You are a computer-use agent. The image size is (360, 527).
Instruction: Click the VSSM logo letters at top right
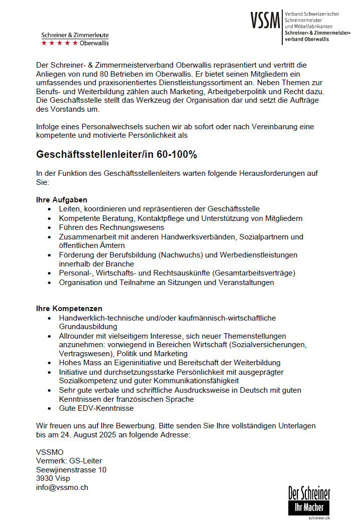[265, 21]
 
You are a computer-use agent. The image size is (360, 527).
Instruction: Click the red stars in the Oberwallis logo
[60, 43]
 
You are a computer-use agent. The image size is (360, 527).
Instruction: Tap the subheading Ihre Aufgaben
[62, 200]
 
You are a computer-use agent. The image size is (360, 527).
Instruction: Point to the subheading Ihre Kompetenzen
[69, 309]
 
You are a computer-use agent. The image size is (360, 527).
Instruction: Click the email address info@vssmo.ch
[62, 487]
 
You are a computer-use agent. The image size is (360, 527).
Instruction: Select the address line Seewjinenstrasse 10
[71, 470]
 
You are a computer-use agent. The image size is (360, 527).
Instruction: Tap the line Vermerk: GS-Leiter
[69, 461]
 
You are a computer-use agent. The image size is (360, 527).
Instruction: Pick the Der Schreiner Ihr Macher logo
[309, 500]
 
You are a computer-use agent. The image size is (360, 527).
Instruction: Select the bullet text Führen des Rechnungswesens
[111, 227]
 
